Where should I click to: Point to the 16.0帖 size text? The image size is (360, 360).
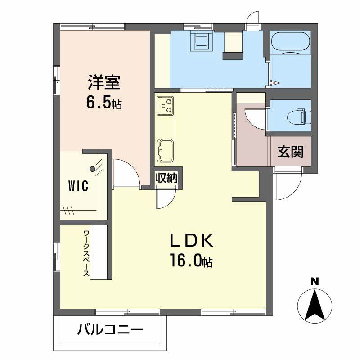[x=191, y=261]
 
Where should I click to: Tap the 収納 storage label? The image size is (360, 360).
[x=166, y=178]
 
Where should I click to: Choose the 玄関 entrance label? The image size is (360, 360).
[x=290, y=152]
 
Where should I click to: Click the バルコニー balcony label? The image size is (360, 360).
[x=110, y=330]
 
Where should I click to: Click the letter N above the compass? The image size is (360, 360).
[x=315, y=282]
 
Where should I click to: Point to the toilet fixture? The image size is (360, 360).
[x=297, y=116]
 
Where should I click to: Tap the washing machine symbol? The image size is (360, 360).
[x=200, y=40]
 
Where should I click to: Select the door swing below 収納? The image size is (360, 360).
[x=166, y=198]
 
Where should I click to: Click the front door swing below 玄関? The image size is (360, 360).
[x=288, y=185]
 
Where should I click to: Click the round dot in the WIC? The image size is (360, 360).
[x=92, y=170]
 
